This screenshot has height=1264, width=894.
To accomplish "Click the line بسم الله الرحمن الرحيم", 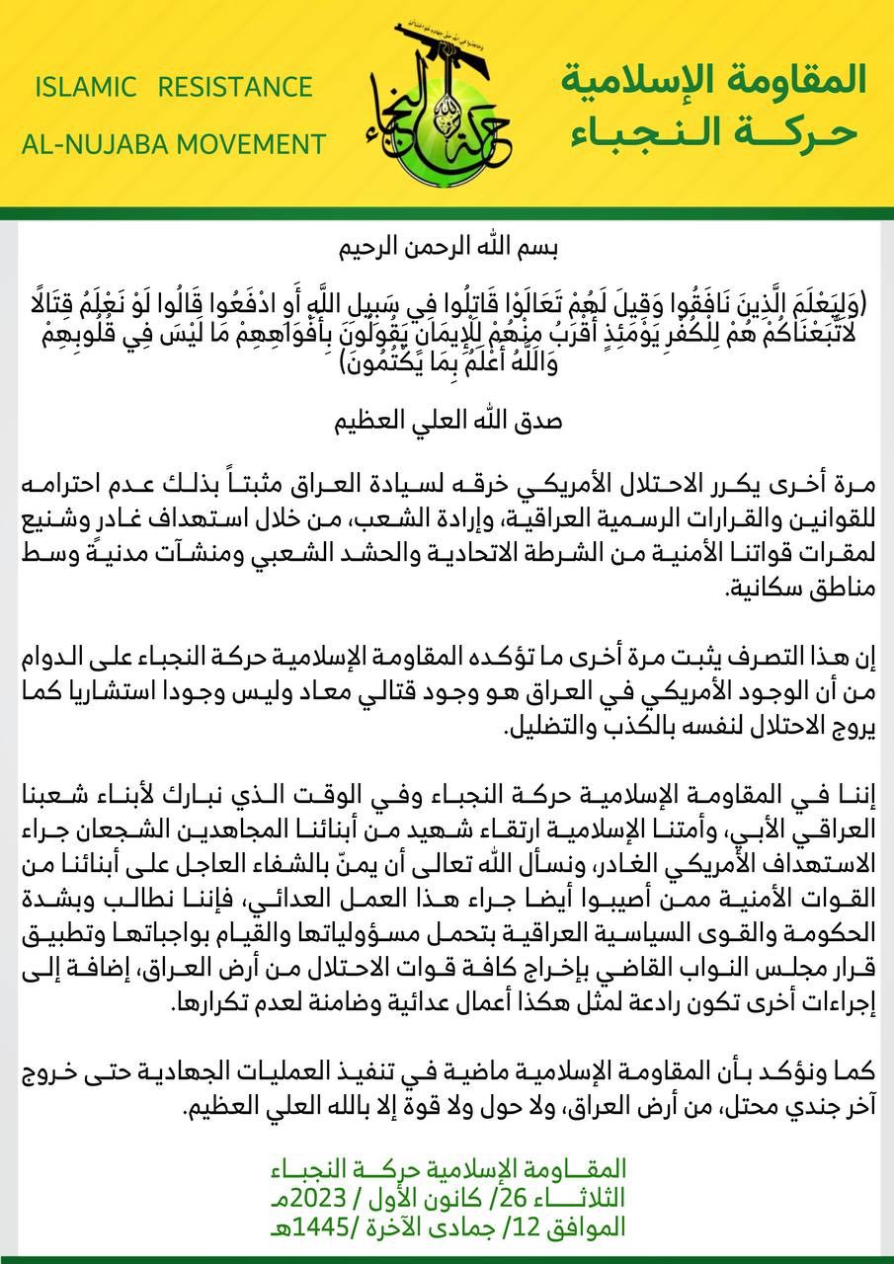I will click(447, 245).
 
